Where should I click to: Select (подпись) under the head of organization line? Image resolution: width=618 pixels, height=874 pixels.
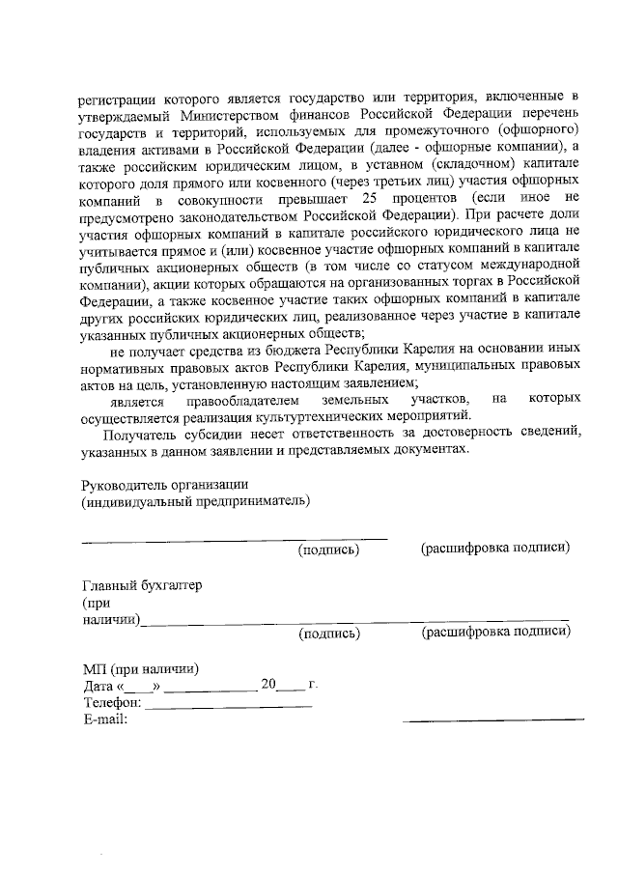[328, 550]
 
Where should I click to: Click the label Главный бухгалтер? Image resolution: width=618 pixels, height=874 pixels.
[142, 585]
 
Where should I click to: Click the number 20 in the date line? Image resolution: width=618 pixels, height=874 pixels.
[269, 685]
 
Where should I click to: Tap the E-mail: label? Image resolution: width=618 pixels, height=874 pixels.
[105, 719]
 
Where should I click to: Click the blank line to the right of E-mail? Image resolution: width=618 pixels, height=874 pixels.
[493, 719]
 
